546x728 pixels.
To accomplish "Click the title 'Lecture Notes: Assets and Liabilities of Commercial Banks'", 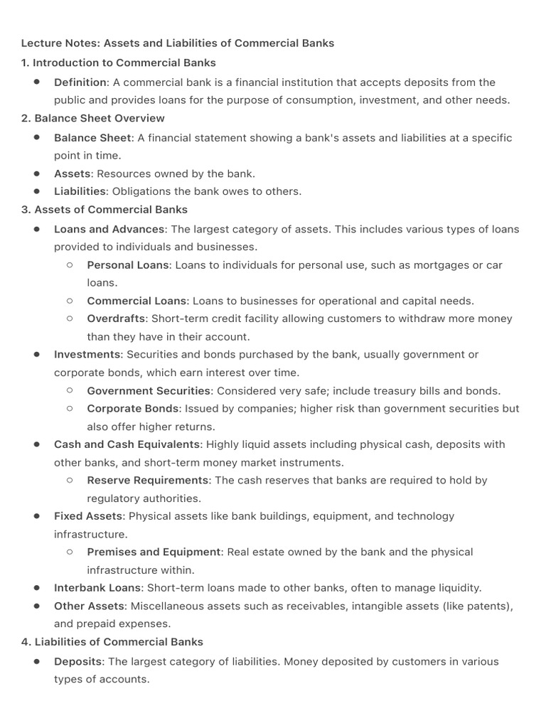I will [178, 43].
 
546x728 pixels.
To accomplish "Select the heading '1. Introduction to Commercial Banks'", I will [119, 63].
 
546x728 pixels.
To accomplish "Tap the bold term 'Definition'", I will [80, 82].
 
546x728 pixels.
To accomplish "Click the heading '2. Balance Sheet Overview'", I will [93, 118].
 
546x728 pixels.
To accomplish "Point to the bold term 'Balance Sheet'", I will [92, 138].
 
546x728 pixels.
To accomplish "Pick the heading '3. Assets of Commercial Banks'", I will [105, 210].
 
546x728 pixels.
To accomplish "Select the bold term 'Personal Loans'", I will [128, 265].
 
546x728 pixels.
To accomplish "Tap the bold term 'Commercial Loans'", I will [136, 301].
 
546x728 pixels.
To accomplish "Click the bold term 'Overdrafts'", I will [116, 318].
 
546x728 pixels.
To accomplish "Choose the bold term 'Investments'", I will [87, 354].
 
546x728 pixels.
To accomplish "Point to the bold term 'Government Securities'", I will [149, 390].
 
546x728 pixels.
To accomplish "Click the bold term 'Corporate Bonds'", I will [132, 409].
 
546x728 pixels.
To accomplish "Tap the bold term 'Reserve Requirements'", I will [148, 481].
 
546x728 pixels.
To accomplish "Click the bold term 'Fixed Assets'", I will [88, 516].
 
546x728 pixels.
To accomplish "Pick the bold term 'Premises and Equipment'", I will [154, 552].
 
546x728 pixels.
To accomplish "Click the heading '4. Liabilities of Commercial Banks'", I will [112, 642].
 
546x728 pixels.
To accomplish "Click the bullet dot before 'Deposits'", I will [36, 661].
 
